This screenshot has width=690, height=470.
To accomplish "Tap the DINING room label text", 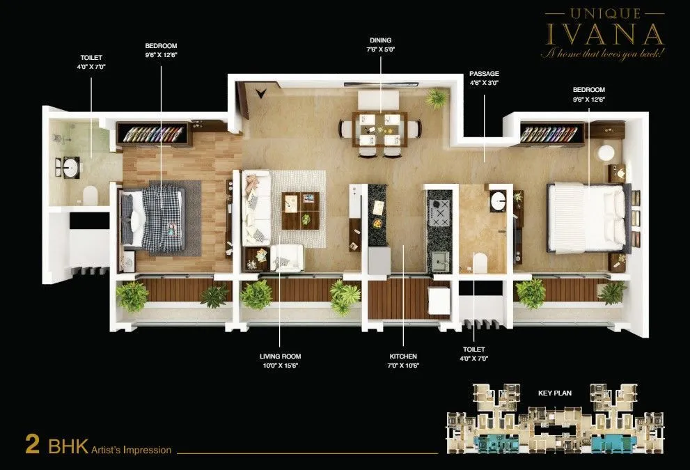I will click(380, 40).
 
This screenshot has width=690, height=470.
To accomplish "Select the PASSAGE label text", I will click(484, 73).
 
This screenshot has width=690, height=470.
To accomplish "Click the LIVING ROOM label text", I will click(280, 356).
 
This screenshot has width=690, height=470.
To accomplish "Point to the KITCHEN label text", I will click(403, 356).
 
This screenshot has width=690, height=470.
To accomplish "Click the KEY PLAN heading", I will click(554, 393).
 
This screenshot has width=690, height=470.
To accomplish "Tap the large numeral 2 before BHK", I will click(32, 445).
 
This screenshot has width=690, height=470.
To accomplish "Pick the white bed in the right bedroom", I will click(586, 217).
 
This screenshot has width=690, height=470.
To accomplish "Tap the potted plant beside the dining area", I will click(437, 98).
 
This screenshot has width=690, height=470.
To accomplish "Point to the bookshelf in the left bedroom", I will click(154, 134).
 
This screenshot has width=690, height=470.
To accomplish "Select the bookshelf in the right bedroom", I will click(551, 133).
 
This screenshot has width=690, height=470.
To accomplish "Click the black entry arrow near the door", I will click(261, 91).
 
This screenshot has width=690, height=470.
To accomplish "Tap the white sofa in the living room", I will click(256, 209).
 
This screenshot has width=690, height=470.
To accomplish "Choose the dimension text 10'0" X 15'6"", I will click(280, 365).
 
